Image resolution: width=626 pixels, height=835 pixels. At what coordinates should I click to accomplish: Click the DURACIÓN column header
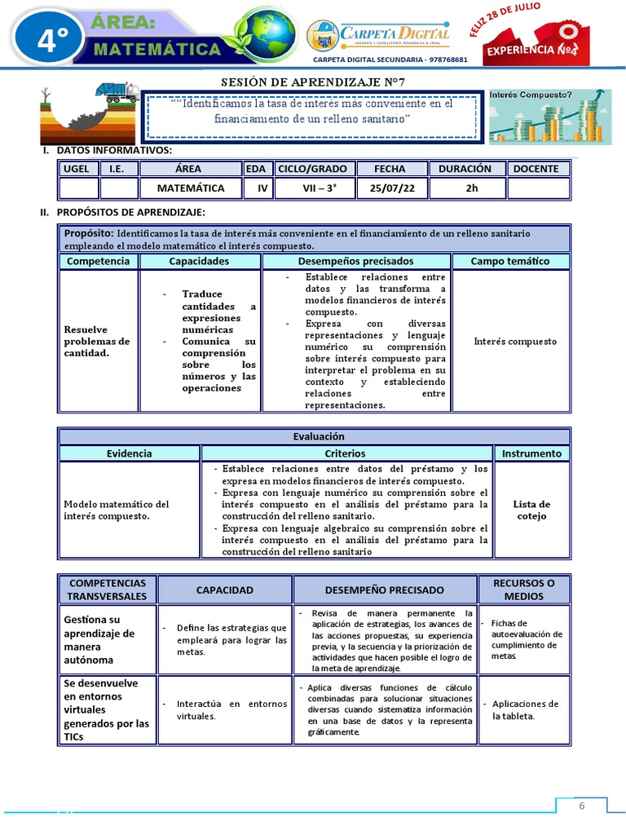click(465, 169)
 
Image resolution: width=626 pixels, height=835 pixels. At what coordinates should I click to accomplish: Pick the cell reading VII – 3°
click(313, 188)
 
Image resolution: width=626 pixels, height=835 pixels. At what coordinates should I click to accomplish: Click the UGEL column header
click(79, 169)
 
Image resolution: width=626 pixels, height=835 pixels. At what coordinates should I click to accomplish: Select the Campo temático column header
click(510, 261)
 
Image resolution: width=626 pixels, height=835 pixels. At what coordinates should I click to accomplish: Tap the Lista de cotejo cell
click(531, 510)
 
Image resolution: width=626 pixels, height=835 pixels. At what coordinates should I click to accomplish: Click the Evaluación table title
click(314, 436)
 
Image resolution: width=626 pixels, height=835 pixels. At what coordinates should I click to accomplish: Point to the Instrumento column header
click(531, 453)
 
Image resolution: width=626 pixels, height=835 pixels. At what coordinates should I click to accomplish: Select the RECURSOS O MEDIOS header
click(523, 590)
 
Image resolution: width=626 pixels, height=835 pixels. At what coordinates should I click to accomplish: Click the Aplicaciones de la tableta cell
click(524, 709)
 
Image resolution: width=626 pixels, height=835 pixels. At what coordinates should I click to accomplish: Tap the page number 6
click(582, 806)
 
